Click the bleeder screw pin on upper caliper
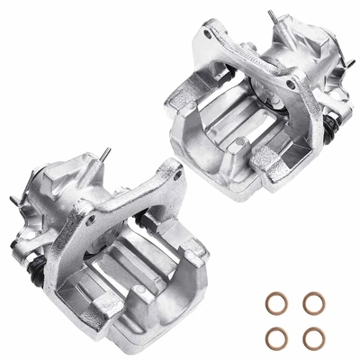271,17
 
